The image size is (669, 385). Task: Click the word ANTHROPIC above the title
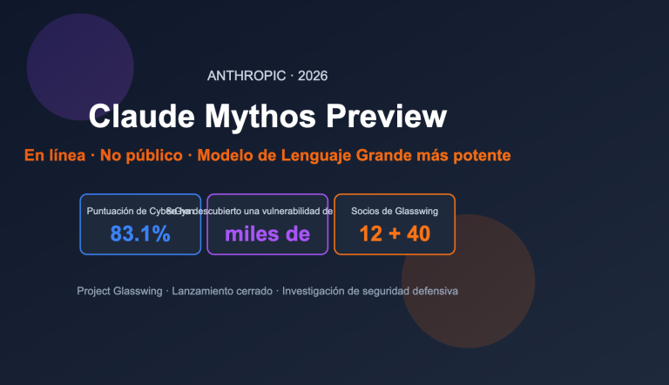point(247,77)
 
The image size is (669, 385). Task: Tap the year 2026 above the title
point(313,77)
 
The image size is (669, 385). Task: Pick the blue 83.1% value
point(140,233)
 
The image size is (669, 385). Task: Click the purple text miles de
point(267,233)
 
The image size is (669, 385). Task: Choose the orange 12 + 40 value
point(395,233)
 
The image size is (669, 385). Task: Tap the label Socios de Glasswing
point(395,211)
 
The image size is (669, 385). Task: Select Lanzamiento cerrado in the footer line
point(222,291)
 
